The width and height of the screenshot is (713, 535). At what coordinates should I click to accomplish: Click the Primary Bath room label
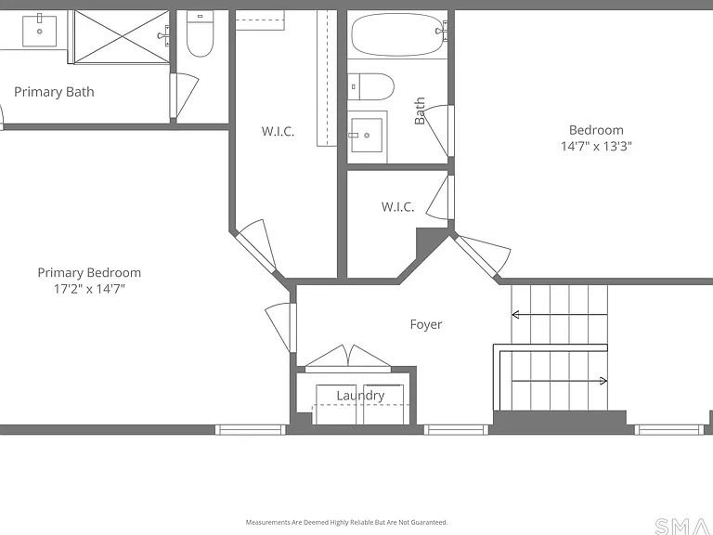(x=54, y=92)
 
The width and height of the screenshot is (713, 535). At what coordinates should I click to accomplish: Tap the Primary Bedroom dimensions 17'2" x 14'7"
(x=89, y=289)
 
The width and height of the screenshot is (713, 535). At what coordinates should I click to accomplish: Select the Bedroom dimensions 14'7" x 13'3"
(x=596, y=146)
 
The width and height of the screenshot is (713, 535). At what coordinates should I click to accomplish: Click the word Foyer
(x=425, y=324)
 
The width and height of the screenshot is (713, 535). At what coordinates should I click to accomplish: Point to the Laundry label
(x=360, y=396)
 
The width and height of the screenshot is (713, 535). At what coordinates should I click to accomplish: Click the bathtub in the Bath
(x=397, y=34)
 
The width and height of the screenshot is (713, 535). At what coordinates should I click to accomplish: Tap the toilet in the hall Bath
(x=370, y=86)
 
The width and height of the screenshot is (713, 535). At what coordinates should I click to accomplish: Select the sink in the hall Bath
(x=367, y=135)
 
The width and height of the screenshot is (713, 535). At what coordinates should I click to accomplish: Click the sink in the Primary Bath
(x=40, y=31)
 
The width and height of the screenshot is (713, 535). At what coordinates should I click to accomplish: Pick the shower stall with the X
(x=122, y=37)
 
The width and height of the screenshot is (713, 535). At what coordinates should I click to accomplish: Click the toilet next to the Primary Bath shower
(x=201, y=34)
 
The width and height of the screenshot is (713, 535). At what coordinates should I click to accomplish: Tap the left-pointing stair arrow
(x=559, y=314)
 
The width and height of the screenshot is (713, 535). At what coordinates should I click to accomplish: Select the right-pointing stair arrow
(x=559, y=381)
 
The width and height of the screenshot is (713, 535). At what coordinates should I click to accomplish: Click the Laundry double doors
(x=348, y=358)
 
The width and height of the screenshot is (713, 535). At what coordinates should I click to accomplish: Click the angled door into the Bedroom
(x=481, y=255)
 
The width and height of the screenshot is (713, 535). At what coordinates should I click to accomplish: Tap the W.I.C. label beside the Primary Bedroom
(x=278, y=132)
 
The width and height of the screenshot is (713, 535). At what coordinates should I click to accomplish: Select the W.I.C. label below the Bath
(x=398, y=207)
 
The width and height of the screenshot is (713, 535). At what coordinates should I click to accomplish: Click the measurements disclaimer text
(x=347, y=522)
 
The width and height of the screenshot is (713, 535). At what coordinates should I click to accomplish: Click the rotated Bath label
(x=420, y=111)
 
